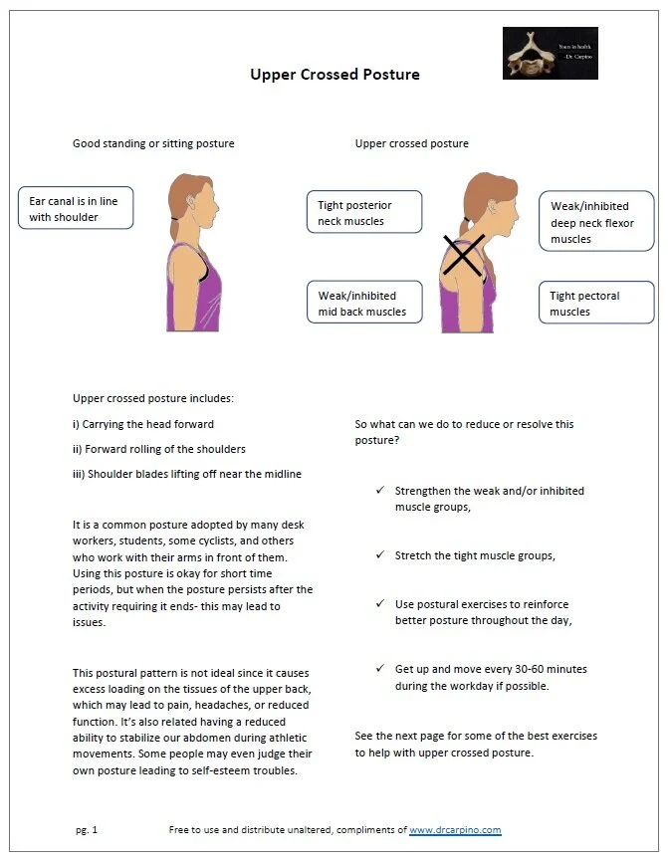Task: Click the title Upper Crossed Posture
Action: [334, 75]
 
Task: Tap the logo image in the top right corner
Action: [550, 53]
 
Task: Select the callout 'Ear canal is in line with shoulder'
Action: [76, 209]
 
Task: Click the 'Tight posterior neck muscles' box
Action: [363, 213]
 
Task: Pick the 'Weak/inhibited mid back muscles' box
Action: [363, 304]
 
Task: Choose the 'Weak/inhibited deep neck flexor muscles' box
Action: [596, 222]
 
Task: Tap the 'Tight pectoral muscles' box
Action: [596, 304]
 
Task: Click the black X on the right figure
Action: [463, 255]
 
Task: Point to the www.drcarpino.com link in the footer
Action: [455, 829]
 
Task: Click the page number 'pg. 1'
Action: [87, 829]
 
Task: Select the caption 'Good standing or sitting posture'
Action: [153, 143]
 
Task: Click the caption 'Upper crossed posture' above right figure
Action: [411, 143]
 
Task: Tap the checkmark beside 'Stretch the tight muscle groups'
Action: [380, 555]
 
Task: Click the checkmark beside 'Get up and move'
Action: [380, 669]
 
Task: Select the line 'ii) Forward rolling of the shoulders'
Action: [159, 449]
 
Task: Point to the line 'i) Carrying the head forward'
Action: [143, 424]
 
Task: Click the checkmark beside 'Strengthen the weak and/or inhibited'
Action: [380, 491]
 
